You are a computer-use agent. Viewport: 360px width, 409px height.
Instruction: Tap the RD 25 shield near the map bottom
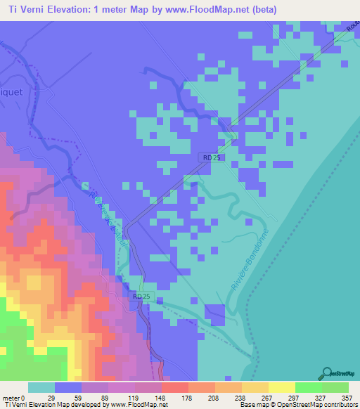(141, 297)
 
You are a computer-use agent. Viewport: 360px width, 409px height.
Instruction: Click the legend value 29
(50, 397)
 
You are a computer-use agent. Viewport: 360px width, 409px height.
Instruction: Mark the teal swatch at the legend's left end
(41, 387)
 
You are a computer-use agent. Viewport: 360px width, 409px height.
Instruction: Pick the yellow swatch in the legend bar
(281, 387)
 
